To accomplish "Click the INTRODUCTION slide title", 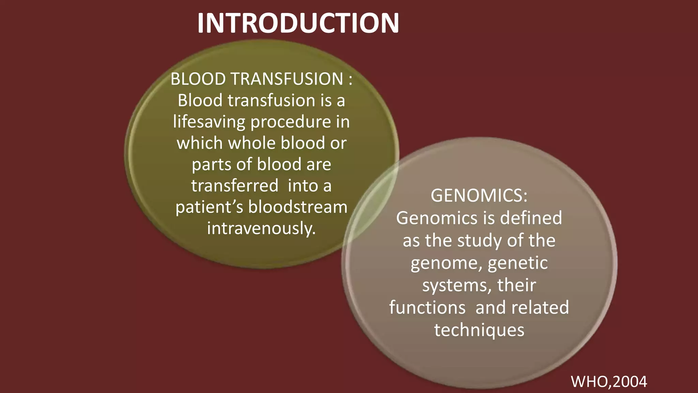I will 298,23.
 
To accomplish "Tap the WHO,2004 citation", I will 609,381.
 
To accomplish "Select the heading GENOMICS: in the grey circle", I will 479,195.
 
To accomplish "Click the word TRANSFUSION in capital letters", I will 287,79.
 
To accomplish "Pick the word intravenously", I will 261,228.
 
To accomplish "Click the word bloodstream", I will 298,207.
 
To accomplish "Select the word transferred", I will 234,186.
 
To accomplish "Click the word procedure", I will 291,122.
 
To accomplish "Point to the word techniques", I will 479,330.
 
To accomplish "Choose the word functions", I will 427,307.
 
